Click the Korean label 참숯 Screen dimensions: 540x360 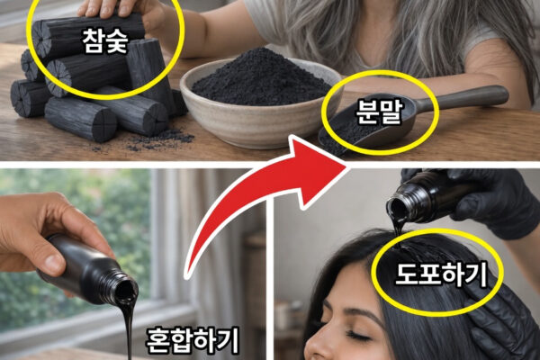105,41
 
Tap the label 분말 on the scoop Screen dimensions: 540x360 379,112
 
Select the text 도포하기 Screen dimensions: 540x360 441,274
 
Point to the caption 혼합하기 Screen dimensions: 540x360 193,341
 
